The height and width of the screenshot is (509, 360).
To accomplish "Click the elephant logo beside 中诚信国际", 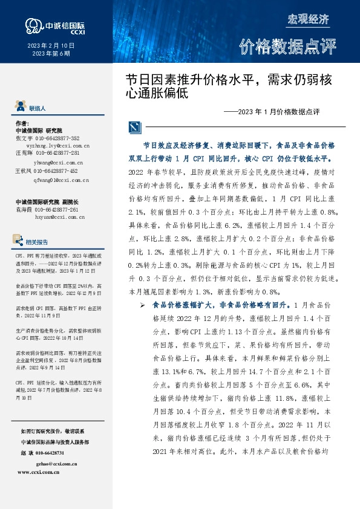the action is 31,24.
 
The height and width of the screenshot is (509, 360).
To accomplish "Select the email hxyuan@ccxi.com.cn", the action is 58,215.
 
